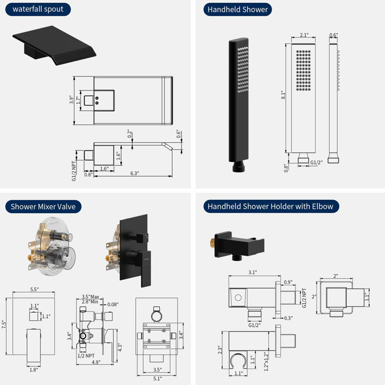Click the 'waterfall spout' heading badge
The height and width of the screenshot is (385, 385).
pyautogui.click(x=38, y=9)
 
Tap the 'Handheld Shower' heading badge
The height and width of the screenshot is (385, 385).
pyautogui.click(x=237, y=9)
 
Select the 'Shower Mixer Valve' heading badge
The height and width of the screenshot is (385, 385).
pyautogui.click(x=43, y=206)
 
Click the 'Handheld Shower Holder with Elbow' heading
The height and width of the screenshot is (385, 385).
pyautogui.click(x=271, y=206)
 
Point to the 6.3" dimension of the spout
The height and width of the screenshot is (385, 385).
pyautogui.click(x=135, y=173)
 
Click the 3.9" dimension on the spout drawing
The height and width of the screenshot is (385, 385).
pyautogui.click(x=71, y=100)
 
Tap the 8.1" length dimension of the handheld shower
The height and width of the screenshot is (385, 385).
pyautogui.click(x=283, y=95)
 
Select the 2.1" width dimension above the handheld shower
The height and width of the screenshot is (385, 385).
pyautogui.click(x=304, y=35)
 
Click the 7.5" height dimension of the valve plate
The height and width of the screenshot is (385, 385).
pyautogui.click(x=4, y=324)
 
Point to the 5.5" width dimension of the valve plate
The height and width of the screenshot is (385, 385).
pyautogui.click(x=34, y=289)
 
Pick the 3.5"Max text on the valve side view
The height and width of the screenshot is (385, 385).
pyautogui.click(x=90, y=296)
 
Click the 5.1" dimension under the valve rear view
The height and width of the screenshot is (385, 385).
pyautogui.click(x=157, y=378)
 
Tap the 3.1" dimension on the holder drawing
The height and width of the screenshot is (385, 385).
pyautogui.click(x=253, y=272)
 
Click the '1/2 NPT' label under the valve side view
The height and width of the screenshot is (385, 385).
pyautogui.click(x=86, y=356)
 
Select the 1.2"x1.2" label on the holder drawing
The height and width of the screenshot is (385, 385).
pyautogui.click(x=266, y=361)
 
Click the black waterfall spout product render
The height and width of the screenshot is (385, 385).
pyautogui.click(x=54, y=45)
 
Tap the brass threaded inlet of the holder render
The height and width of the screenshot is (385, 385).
pyautogui.click(x=213, y=243)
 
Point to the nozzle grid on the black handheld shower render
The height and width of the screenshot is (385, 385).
pyautogui.click(x=243, y=69)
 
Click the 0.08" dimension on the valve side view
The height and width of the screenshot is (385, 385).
pyautogui.click(x=113, y=305)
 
